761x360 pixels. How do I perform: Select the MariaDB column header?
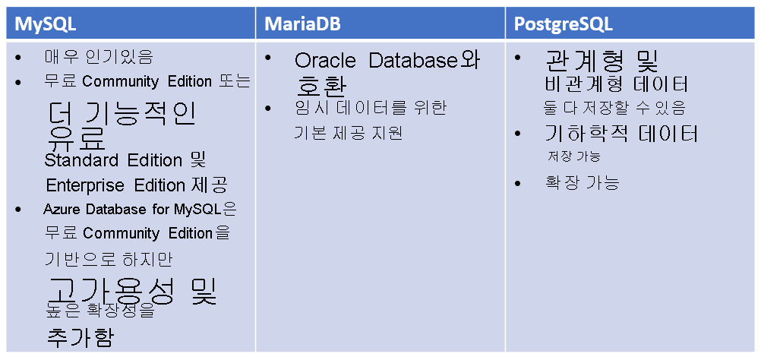pyautogui.click(x=302, y=24)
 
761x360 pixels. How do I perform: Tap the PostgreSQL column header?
pyautogui.click(x=564, y=24)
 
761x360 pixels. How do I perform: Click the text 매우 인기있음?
pyautogui.click(x=99, y=57)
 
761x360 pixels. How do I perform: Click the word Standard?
pyautogui.click(x=81, y=161)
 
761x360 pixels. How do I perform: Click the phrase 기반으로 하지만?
pyautogui.click(x=109, y=259)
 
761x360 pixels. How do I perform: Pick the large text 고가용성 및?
pyautogui.click(x=131, y=292)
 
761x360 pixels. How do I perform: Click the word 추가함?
pyautogui.click(x=81, y=338)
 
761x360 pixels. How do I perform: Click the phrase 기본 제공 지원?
pyautogui.click(x=348, y=133)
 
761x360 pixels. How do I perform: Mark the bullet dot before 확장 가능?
pyautogui.click(x=518, y=184)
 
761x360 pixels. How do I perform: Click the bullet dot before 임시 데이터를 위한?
pyautogui.click(x=269, y=109)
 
